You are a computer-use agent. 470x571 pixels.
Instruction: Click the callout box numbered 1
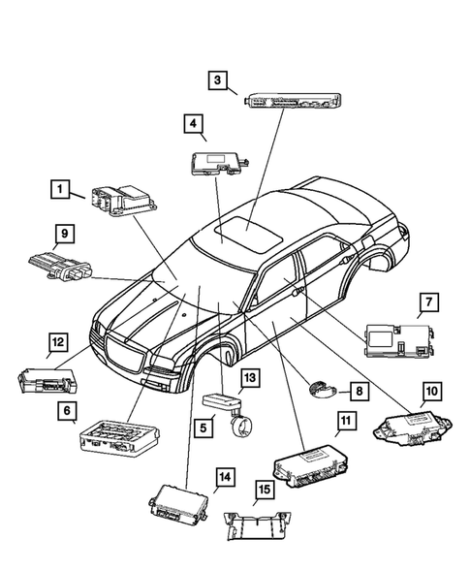tap(60, 189)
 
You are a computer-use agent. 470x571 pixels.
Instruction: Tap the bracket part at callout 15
tap(254, 524)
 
